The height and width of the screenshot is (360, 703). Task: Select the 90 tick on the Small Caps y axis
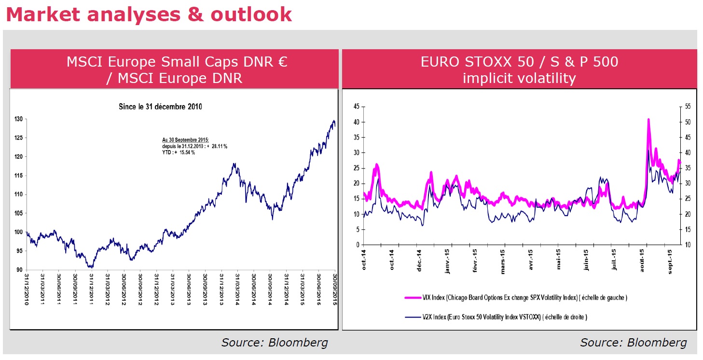[x=19, y=270]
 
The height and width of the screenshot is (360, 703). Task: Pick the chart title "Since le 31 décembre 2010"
[x=160, y=107]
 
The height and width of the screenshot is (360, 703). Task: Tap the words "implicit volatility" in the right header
[x=519, y=78]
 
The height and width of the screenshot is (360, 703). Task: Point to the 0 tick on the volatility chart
[x=356, y=245]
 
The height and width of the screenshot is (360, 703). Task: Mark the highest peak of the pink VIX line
[x=648, y=119]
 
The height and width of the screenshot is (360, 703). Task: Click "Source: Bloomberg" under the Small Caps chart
[x=275, y=343]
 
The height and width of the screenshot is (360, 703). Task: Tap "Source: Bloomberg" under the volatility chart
[x=633, y=343]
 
